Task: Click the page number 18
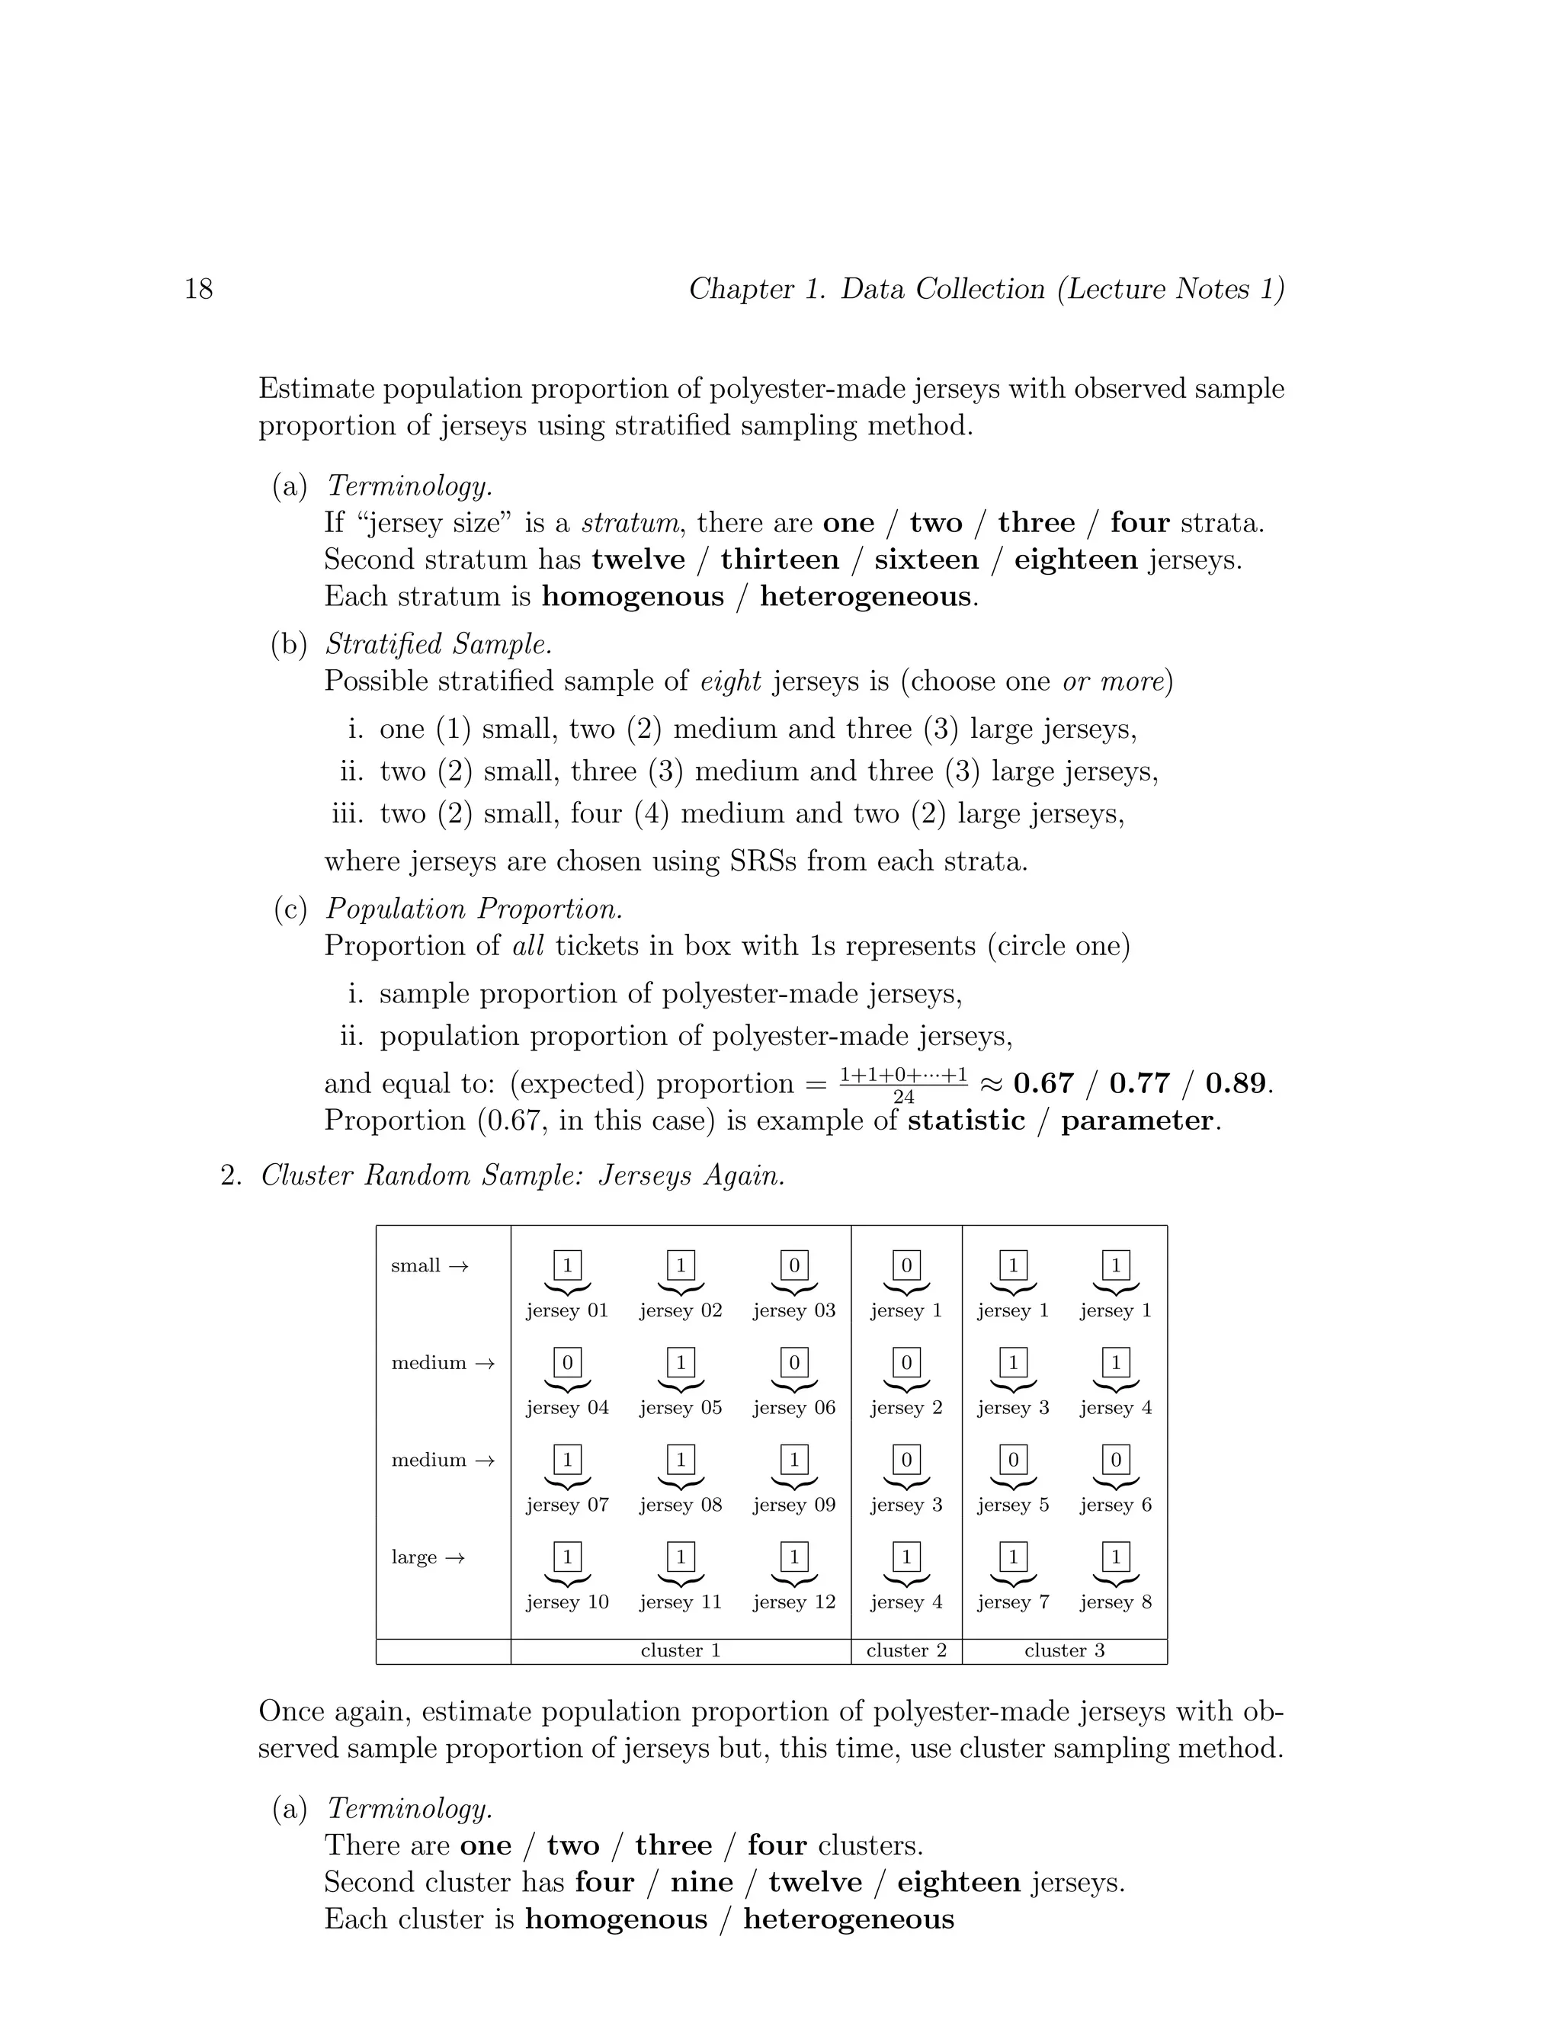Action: (199, 290)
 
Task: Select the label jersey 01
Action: (567, 1310)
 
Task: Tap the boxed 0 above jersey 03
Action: (793, 1265)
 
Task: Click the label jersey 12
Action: (793, 1602)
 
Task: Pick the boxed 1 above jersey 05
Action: (681, 1362)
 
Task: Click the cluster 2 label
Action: (906, 1651)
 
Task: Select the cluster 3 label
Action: (1064, 1651)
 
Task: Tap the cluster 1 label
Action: (681, 1651)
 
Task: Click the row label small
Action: (416, 1266)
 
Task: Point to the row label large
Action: (415, 1557)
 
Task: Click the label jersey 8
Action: (1115, 1602)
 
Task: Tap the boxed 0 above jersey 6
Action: (1115, 1460)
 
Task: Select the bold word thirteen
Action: (780, 560)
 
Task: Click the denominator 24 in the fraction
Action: (903, 1097)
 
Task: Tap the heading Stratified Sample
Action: (439, 645)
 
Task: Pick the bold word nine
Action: (702, 1882)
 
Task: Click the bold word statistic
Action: (966, 1121)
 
